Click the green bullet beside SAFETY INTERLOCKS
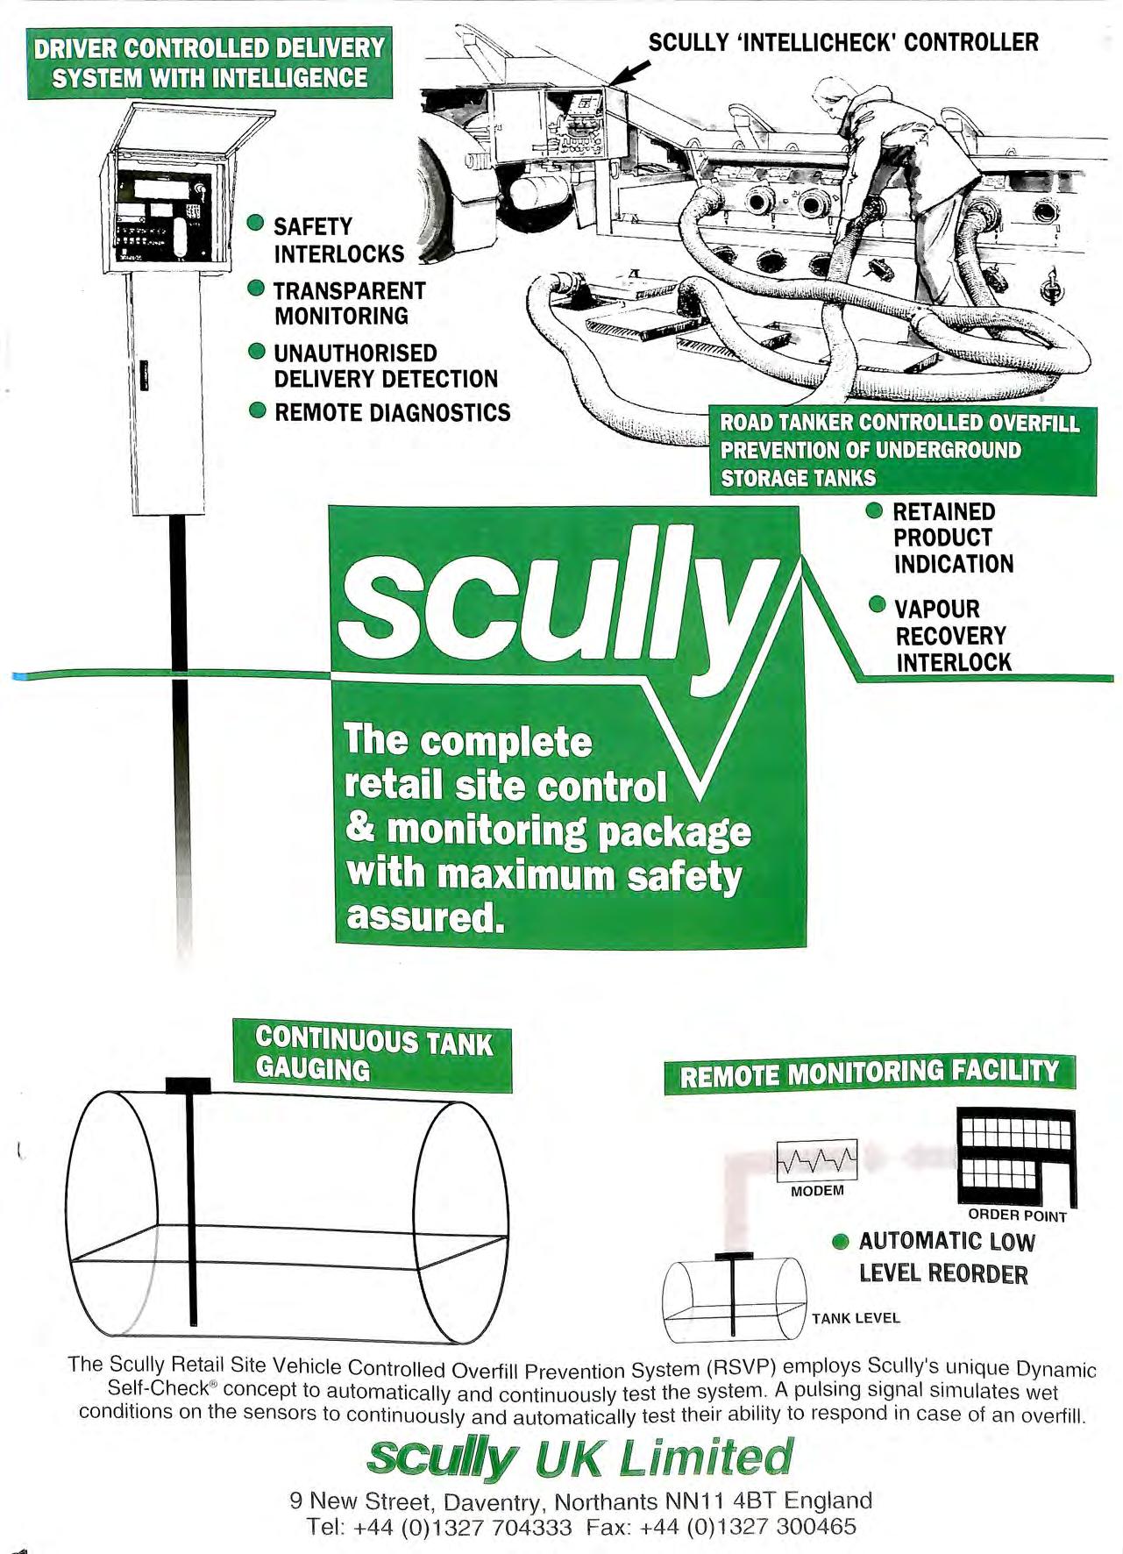(256, 223)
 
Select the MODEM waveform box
(816, 1161)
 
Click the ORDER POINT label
(1017, 1215)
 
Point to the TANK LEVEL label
(856, 1317)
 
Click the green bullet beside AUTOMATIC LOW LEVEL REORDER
(841, 1241)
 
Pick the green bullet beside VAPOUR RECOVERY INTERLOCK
(877, 605)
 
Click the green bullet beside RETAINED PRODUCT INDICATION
(874, 510)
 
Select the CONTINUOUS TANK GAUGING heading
(373, 1055)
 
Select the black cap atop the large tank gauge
(188, 1085)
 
